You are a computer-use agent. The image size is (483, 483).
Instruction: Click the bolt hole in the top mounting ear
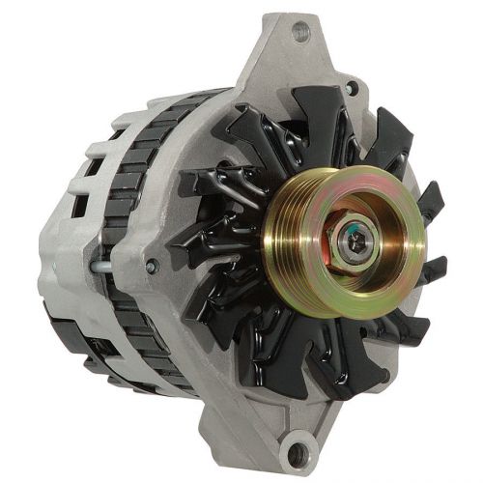[x=299, y=31]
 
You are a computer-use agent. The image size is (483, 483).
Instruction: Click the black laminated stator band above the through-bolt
[x=135, y=193]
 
